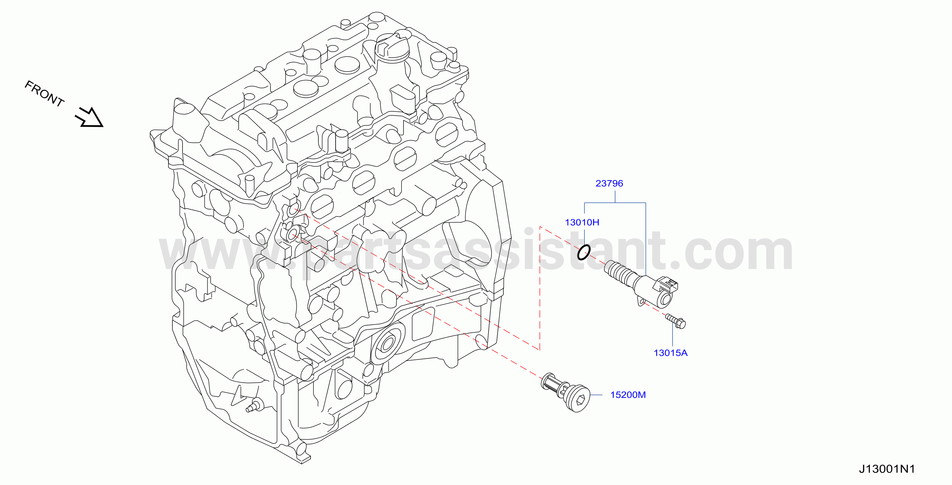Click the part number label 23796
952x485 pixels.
click(609, 183)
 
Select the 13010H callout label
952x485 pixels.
click(582, 222)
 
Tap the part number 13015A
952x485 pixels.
click(670, 353)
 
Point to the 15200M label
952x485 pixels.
click(628, 395)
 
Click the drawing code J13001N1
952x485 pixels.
click(887, 469)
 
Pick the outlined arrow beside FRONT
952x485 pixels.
click(89, 117)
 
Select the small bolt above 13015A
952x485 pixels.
click(675, 321)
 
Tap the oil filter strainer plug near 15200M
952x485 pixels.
click(565, 392)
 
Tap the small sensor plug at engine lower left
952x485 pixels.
click(255, 406)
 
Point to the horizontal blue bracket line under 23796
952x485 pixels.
click(615, 203)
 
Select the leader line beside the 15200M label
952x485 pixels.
click(596, 395)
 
